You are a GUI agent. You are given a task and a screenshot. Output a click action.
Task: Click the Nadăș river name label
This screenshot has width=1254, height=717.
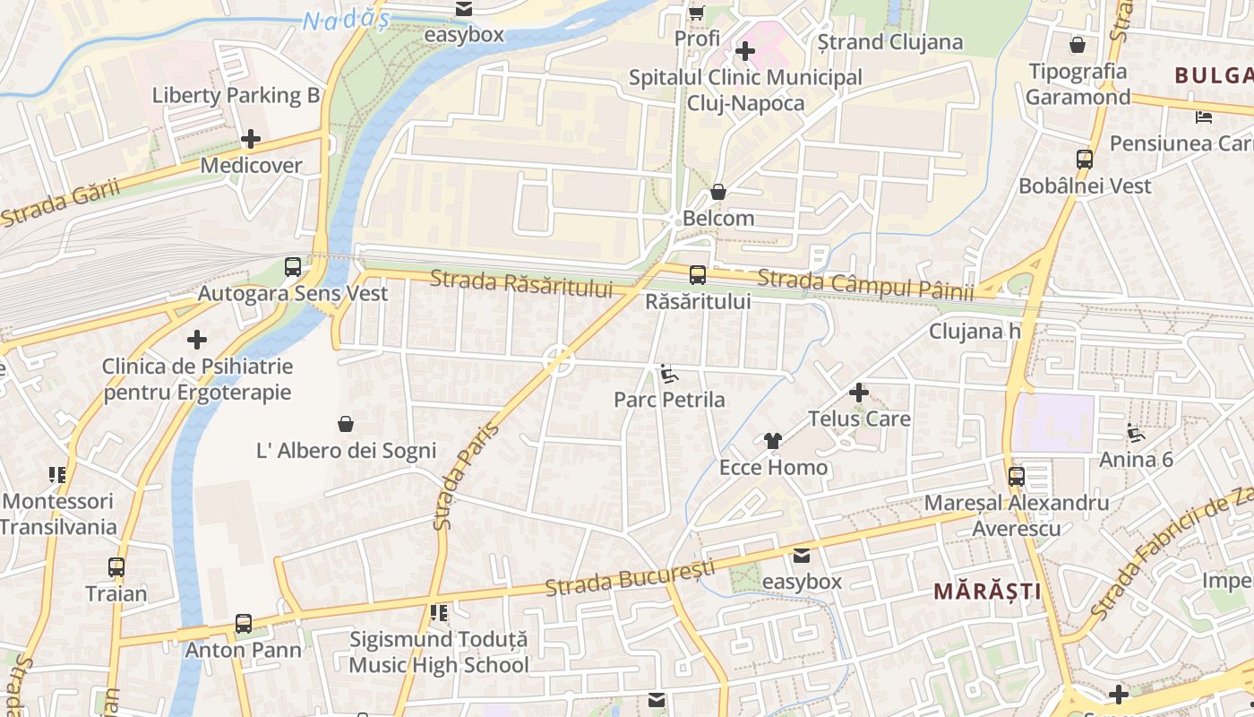point(345,20)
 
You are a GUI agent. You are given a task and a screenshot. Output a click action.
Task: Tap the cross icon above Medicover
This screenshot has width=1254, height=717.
point(251,139)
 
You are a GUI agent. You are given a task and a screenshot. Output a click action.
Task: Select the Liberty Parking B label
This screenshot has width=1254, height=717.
point(236,95)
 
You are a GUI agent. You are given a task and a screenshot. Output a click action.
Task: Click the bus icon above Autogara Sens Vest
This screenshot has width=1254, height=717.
point(293,266)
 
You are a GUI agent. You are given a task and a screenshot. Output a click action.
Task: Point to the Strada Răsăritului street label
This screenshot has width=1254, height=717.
point(521,282)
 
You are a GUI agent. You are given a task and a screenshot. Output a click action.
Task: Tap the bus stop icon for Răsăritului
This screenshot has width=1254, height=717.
point(698,275)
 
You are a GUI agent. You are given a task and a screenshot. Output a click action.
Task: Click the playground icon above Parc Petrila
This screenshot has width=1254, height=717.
point(669,373)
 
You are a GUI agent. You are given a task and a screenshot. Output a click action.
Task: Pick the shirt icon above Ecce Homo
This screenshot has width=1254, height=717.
point(773,441)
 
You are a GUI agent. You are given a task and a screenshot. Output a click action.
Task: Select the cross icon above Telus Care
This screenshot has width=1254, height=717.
point(859,393)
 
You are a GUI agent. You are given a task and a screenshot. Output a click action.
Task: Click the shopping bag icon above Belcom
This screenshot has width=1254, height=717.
point(718,192)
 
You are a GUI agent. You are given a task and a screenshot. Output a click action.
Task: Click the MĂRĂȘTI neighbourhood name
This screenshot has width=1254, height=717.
point(987,592)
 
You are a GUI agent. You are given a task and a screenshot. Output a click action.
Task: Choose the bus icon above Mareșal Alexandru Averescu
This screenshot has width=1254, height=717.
point(1017,477)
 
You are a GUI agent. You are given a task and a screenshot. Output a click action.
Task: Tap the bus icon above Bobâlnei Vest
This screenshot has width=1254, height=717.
point(1085,160)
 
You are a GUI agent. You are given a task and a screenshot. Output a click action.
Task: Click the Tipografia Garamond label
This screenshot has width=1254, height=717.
point(1078,83)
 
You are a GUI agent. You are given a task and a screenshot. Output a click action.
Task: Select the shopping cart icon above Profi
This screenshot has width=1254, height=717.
point(697,13)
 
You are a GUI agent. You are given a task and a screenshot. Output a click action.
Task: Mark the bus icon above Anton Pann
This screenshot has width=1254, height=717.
point(244,623)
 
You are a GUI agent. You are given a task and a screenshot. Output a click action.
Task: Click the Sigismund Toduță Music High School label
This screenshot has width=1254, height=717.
point(438,652)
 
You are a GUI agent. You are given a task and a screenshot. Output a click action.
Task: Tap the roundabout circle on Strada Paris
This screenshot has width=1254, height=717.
point(559,360)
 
